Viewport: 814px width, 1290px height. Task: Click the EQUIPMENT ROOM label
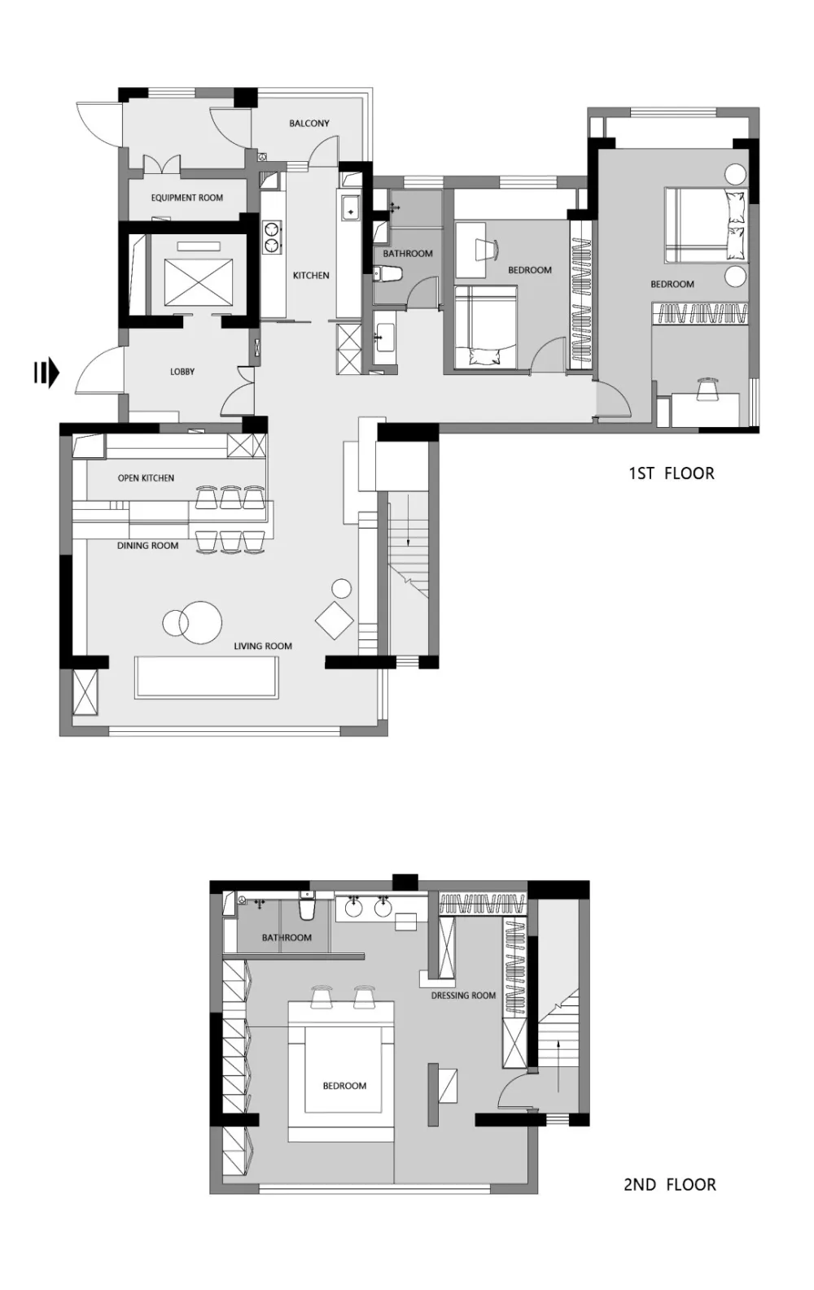[x=186, y=198]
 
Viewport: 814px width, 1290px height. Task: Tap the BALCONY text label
[x=309, y=124]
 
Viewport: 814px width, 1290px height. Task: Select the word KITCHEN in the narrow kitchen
[x=311, y=275]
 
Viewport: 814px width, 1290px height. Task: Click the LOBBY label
[x=182, y=372]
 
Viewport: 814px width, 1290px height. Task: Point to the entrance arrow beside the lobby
[x=46, y=373]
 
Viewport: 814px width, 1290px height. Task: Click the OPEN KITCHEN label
[x=146, y=478]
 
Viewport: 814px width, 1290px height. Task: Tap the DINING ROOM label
[x=148, y=546]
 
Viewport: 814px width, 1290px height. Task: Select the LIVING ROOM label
[x=263, y=646]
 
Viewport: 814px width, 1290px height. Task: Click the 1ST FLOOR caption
[x=672, y=473]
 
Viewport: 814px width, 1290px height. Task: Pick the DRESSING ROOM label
[x=463, y=995]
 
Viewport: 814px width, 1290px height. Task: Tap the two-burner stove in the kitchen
[x=271, y=238]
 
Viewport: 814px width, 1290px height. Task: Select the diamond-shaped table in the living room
[x=335, y=621]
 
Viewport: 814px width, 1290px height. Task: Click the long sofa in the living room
[x=207, y=678]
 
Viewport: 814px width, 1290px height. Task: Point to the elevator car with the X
[x=199, y=282]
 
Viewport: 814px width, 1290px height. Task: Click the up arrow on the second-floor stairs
[x=558, y=1066]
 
